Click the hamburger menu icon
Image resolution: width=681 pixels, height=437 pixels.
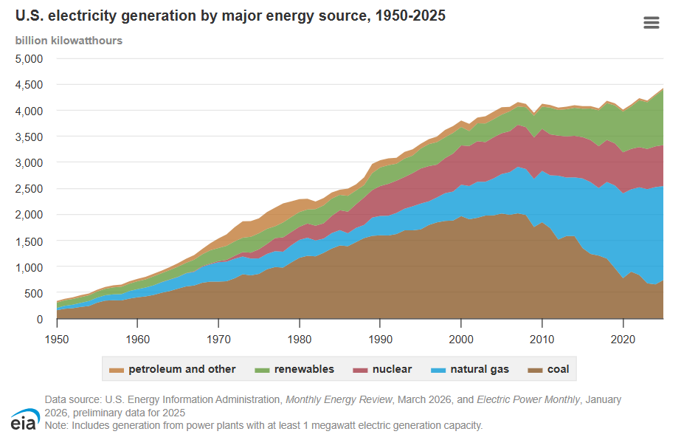[651, 23]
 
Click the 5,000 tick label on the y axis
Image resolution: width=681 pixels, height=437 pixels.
[29, 58]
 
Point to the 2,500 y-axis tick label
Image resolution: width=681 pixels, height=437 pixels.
[29, 188]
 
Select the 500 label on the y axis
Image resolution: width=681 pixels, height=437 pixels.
[34, 293]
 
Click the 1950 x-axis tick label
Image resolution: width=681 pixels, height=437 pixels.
[57, 340]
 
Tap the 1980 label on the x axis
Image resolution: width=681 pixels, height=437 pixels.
[300, 340]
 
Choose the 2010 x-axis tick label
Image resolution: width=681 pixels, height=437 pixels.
[542, 340]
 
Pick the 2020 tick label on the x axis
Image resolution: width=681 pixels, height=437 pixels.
[623, 340]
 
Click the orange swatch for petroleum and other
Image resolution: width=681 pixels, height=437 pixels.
[117, 370]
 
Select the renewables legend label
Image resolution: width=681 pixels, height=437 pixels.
[304, 369]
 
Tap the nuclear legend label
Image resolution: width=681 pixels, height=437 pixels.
[392, 369]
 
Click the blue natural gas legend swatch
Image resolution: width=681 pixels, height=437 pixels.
[438, 370]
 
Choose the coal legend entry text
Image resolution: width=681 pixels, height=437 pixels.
[558, 369]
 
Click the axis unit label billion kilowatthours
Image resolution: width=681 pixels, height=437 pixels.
[69, 41]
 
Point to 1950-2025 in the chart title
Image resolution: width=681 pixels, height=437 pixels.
[410, 16]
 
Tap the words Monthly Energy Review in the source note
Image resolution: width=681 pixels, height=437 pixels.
[339, 399]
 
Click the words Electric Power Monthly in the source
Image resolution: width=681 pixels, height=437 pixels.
[528, 399]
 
